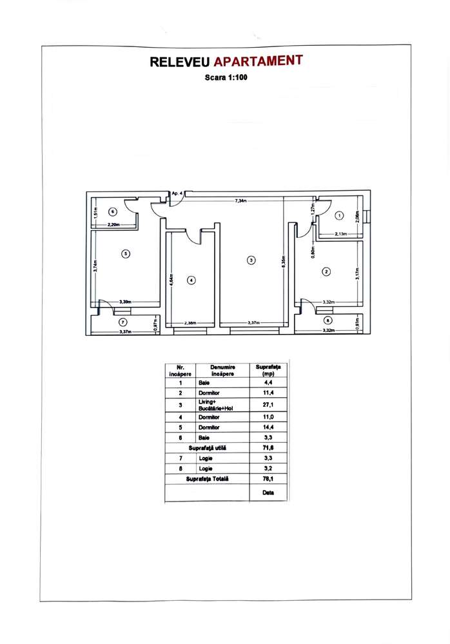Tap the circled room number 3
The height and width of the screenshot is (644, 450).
[x=251, y=260]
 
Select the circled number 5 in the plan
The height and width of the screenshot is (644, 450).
[x=126, y=253]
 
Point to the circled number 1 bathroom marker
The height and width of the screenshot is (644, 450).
[x=340, y=215]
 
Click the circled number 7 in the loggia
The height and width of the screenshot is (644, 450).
[x=123, y=321]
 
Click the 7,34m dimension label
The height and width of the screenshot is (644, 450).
[x=243, y=201]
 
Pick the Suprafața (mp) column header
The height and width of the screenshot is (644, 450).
[x=268, y=370]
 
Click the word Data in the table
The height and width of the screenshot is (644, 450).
[x=268, y=492]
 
